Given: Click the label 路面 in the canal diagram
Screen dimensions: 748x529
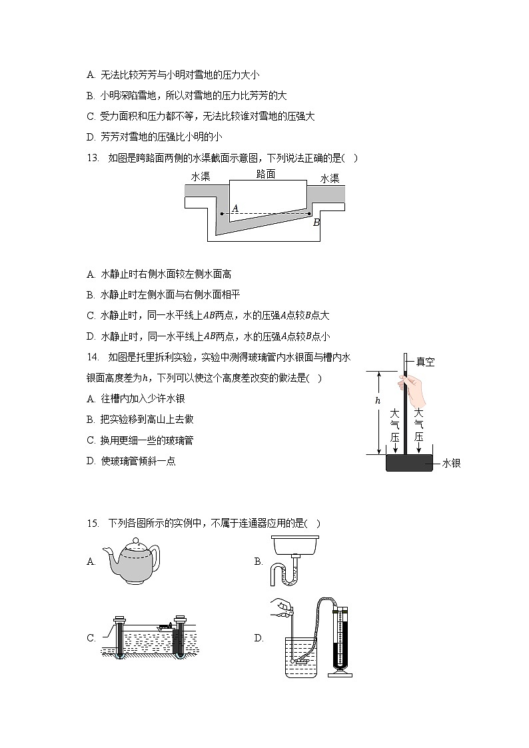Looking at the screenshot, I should [266, 175].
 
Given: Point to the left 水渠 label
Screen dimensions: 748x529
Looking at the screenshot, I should [201, 177].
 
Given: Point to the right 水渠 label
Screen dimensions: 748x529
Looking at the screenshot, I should [330, 179].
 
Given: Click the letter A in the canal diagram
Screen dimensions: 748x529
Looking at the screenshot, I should [235, 208].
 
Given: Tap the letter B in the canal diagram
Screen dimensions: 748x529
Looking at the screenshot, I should [316, 222].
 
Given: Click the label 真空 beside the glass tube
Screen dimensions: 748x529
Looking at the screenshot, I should [425, 362].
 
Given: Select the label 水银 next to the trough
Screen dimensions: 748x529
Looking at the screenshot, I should [451, 463].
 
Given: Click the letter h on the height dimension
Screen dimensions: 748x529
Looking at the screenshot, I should [377, 400].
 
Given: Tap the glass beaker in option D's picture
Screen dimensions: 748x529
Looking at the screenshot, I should [300, 656].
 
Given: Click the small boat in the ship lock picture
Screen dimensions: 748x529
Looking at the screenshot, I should [163, 626].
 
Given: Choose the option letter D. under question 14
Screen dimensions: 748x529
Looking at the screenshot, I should [91, 461].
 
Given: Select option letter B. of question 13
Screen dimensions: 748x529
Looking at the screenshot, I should [91, 294].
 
